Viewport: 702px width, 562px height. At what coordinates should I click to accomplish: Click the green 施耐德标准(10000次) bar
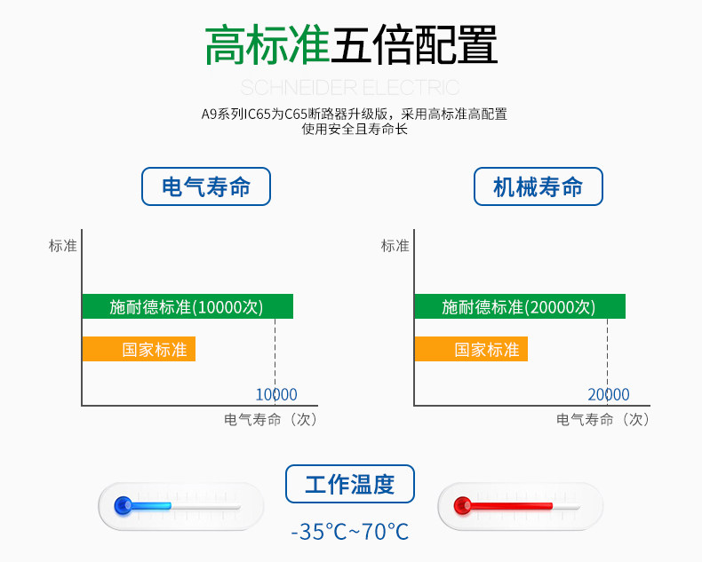click(187, 306)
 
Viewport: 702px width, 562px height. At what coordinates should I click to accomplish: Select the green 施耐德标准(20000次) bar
click(520, 306)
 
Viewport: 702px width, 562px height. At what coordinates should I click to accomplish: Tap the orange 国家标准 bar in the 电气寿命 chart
click(139, 349)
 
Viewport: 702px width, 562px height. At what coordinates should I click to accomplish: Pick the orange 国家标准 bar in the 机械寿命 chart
click(471, 349)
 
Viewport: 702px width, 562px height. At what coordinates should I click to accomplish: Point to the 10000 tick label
click(276, 394)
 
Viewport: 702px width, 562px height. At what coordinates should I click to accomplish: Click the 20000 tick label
click(609, 394)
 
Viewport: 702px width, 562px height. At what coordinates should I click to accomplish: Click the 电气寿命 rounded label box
click(206, 187)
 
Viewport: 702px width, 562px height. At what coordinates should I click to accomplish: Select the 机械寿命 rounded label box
click(538, 187)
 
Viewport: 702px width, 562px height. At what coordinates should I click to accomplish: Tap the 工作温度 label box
click(350, 485)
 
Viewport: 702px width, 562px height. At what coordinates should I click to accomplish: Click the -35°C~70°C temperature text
click(350, 532)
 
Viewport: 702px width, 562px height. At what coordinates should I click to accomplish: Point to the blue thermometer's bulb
click(124, 506)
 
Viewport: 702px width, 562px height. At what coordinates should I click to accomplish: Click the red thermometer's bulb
click(462, 506)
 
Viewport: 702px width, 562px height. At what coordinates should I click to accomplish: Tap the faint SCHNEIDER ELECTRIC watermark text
click(350, 87)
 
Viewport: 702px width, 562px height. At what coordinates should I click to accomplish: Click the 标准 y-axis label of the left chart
click(63, 246)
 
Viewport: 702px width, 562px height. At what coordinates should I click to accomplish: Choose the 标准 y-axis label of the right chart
click(395, 246)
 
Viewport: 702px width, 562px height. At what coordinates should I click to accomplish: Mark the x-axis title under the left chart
click(270, 419)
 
